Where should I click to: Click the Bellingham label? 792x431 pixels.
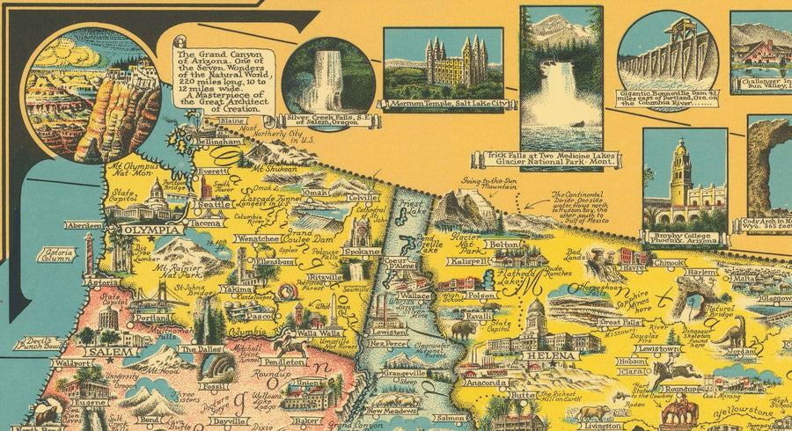click(219, 141)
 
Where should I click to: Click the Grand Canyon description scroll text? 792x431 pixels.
click(223, 77)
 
